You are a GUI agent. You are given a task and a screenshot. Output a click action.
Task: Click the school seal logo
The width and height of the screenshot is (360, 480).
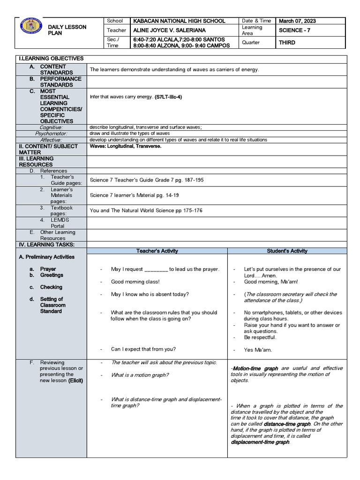31,26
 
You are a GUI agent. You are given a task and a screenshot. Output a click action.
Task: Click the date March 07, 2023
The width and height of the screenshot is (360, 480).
297,21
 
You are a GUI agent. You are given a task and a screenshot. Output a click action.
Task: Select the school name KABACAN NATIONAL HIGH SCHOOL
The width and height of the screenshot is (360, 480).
179,21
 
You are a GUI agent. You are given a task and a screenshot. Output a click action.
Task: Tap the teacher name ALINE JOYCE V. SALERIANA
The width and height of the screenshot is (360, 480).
169,30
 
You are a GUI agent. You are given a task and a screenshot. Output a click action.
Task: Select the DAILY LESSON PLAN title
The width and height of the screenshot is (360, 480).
67,30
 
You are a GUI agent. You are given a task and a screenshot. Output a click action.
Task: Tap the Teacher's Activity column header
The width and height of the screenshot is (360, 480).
157,251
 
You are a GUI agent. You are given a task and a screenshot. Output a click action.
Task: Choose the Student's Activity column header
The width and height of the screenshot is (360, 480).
287,251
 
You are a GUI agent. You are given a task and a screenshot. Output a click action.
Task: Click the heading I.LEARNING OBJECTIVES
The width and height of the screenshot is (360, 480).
51,59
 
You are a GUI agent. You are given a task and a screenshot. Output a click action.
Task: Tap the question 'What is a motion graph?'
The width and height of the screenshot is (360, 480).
140,375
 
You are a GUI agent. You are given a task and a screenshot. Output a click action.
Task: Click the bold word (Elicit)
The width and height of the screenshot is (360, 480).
75,380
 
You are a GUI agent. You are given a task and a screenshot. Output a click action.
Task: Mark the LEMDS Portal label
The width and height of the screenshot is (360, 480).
58,223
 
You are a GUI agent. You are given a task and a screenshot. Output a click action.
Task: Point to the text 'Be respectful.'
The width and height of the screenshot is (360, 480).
260,337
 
